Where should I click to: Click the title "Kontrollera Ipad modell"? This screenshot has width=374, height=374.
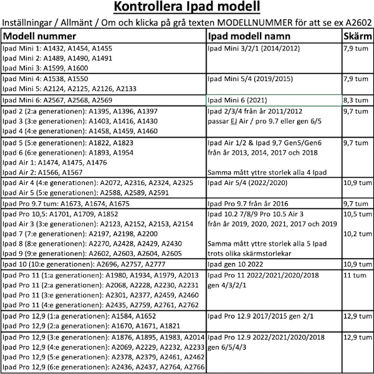187,8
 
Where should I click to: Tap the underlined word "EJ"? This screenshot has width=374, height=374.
236,121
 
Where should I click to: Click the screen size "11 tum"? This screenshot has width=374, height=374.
354,275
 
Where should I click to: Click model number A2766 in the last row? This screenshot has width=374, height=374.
192,367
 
